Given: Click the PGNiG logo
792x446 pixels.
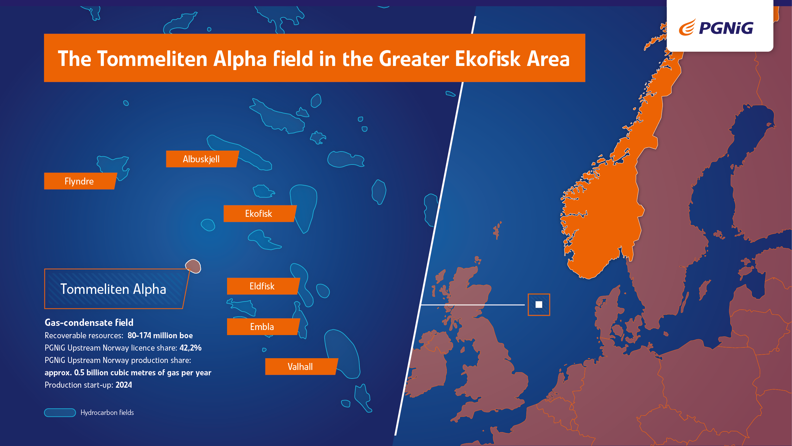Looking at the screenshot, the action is pyautogui.click(x=716, y=28).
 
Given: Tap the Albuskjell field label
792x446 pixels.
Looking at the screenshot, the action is pyautogui.click(x=202, y=159).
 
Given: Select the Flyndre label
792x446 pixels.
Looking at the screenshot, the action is pyautogui.click(x=80, y=181).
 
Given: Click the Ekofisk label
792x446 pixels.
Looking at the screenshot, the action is pyautogui.click(x=259, y=213).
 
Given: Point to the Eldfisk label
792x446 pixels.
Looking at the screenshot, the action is pyautogui.click(x=263, y=286).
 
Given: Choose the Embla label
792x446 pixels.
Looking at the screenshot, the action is pyautogui.click(x=263, y=326).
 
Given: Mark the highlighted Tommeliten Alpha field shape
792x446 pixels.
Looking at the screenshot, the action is pyautogui.click(x=193, y=266).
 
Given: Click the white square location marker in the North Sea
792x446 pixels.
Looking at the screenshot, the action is pyautogui.click(x=539, y=305).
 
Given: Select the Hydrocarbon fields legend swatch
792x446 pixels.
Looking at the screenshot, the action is pyautogui.click(x=60, y=412).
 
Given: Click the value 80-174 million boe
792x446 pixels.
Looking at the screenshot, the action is pyautogui.click(x=160, y=335).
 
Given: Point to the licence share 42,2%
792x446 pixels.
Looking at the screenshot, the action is pyautogui.click(x=190, y=348).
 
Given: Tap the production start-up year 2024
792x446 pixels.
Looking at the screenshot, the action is pyautogui.click(x=124, y=385).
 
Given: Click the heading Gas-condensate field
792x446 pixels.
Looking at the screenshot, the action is pyautogui.click(x=89, y=322).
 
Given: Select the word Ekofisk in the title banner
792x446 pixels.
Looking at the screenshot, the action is pyautogui.click(x=488, y=59).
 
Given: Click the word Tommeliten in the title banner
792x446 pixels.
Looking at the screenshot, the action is pyautogui.click(x=152, y=59).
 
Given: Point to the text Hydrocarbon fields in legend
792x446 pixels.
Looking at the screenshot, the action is pyautogui.click(x=107, y=412).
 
